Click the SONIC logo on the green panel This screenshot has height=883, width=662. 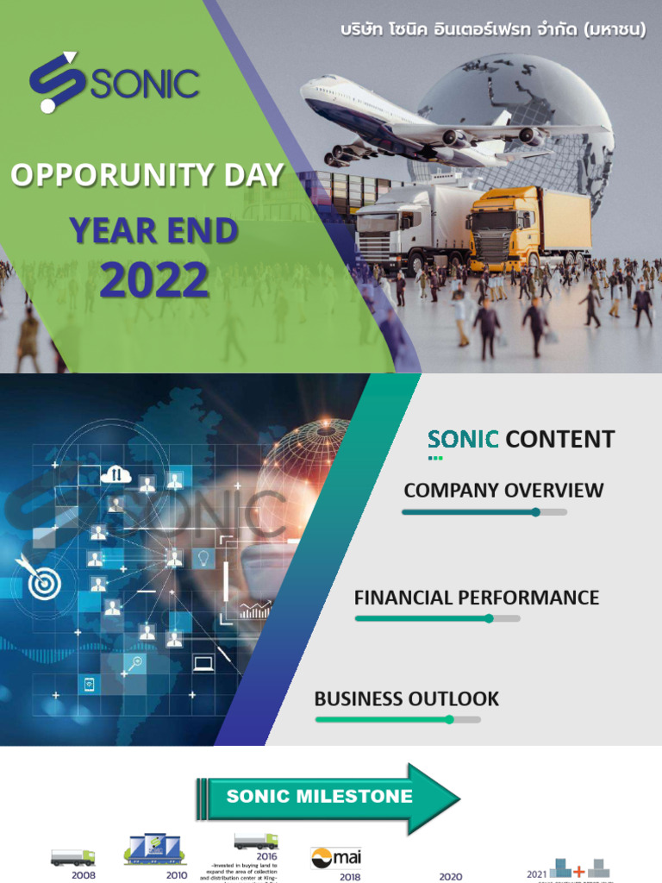click(x=114, y=83)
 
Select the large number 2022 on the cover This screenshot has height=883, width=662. click(x=154, y=279)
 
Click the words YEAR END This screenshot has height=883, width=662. click(x=153, y=230)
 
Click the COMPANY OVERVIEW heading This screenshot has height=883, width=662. click(x=503, y=491)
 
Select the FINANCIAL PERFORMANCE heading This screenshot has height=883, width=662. click(x=477, y=597)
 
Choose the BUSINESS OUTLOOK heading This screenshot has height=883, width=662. click(x=407, y=698)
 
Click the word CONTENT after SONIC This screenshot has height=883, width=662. click(x=560, y=439)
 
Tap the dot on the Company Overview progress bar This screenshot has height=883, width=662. click(x=535, y=512)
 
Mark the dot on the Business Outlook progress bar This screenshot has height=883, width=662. click(x=449, y=719)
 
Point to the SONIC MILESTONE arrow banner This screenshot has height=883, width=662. click(x=328, y=797)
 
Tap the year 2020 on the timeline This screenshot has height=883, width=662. click(x=450, y=877)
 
